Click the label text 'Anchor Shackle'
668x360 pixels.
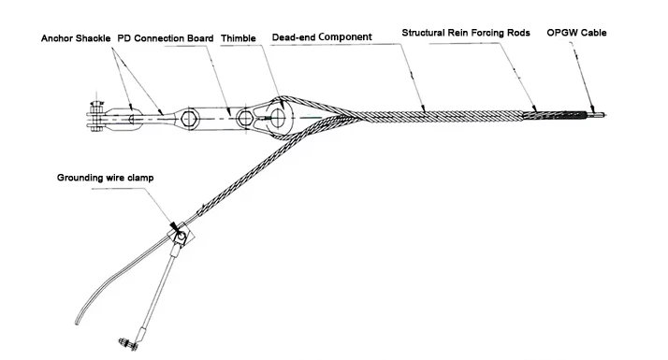(76, 38)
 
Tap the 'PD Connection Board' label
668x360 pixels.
(166, 38)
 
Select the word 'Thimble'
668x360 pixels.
(239, 38)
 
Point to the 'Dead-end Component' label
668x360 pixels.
(322, 37)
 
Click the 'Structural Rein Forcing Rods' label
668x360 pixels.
(466, 33)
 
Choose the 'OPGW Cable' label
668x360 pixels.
(576, 33)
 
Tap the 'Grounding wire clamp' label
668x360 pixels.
(105, 178)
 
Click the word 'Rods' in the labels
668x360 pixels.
(519, 33)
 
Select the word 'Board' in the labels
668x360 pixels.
(201, 38)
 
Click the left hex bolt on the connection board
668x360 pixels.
(189, 119)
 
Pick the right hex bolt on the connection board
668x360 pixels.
(245, 119)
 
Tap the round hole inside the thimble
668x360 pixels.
(277, 117)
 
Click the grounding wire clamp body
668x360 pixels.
(181, 236)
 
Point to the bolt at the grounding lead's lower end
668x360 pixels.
(129, 343)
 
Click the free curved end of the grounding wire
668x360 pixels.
(77, 322)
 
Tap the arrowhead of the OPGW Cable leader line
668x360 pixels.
(591, 108)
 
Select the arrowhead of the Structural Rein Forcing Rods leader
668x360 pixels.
(534, 108)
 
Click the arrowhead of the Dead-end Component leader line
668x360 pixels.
(423, 108)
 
